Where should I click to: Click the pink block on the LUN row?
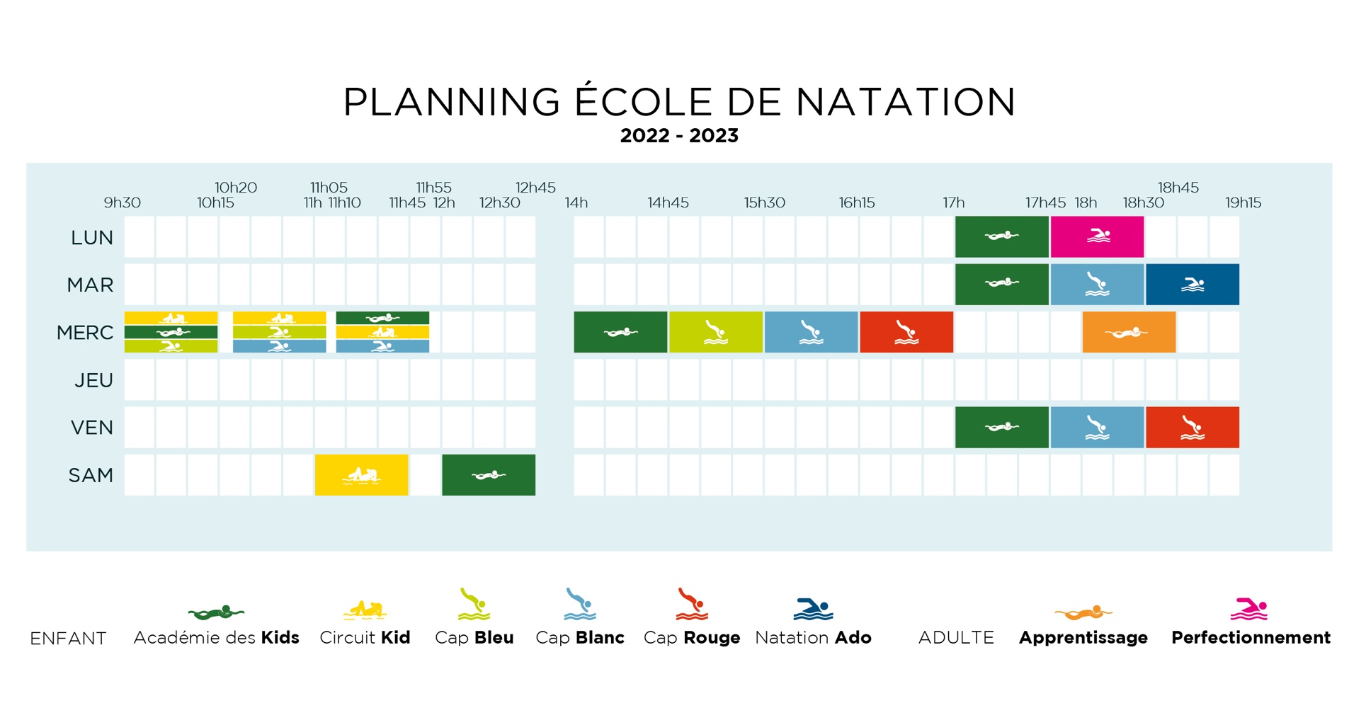point(1097,236)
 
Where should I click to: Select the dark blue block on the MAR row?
point(1193,284)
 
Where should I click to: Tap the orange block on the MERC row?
point(1129,332)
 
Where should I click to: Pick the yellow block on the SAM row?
point(361,474)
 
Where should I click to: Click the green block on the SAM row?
point(489,474)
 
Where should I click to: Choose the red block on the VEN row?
point(1193,427)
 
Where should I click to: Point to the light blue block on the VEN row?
point(1097,427)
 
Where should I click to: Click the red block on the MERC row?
point(906,332)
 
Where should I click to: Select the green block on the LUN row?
point(1002,236)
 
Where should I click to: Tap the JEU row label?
point(93,380)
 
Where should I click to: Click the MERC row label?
point(85,333)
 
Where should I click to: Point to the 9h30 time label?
point(123,202)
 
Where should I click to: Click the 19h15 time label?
point(1243,202)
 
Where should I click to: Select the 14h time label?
point(576,202)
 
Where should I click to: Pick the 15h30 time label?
point(765,202)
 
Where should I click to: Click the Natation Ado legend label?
point(813,637)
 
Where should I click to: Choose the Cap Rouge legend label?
point(692,638)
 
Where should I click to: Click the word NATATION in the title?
point(906,102)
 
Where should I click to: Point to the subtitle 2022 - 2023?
point(679,135)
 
